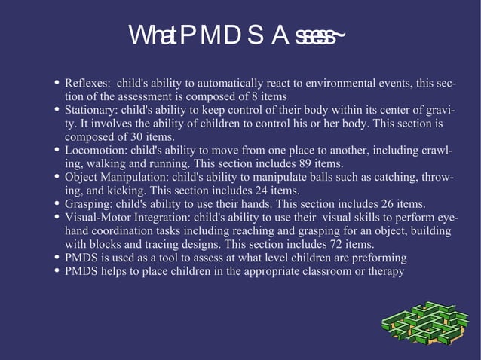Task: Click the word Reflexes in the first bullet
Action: [87, 83]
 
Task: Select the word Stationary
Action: [91, 110]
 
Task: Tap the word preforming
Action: [378, 258]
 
